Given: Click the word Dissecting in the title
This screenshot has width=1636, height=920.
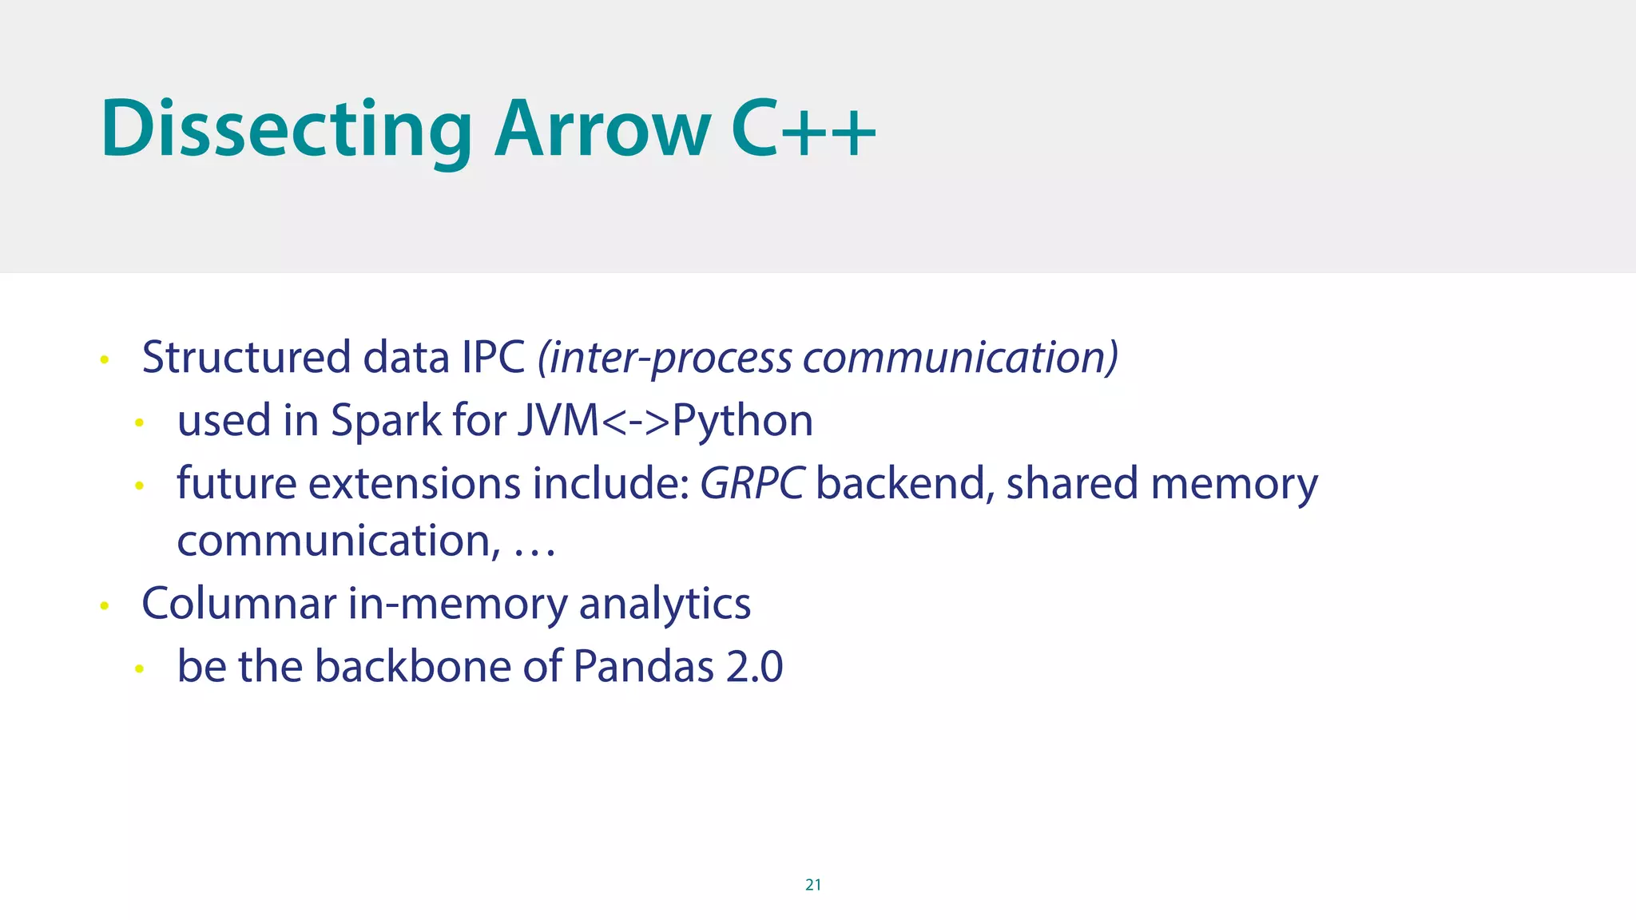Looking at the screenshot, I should [286, 129].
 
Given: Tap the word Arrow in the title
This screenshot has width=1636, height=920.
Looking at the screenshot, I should [602, 129].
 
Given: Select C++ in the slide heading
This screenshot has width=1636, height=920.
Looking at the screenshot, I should [804, 129].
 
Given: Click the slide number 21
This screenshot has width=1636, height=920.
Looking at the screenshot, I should [813, 884].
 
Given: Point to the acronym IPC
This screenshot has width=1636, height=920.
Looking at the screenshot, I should [493, 357].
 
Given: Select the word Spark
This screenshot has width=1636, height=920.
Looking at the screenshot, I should [386, 420].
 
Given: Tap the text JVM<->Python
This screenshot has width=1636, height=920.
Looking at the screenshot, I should [665, 420].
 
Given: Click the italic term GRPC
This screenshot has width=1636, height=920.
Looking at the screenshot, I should [752, 483].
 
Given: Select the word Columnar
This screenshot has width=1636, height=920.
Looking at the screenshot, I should [239, 603].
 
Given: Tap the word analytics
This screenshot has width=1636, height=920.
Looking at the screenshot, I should [665, 603].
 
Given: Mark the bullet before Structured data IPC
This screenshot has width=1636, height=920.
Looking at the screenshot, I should [104, 360].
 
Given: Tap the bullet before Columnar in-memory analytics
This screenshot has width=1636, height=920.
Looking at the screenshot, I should [104, 606].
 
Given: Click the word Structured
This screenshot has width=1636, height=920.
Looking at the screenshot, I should [246, 357].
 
